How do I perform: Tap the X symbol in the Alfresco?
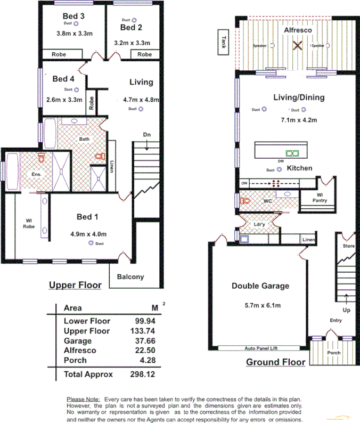(297, 46)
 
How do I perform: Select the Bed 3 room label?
(73, 16)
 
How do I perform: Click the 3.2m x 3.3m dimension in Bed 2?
(132, 43)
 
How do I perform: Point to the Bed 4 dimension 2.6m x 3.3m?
(64, 99)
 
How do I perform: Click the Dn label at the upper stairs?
(147, 135)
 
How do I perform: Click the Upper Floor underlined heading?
(75, 285)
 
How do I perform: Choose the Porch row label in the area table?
(76, 361)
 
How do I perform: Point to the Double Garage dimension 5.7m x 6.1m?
(260, 305)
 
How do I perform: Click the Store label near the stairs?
(349, 246)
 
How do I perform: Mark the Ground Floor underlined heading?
(275, 362)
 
